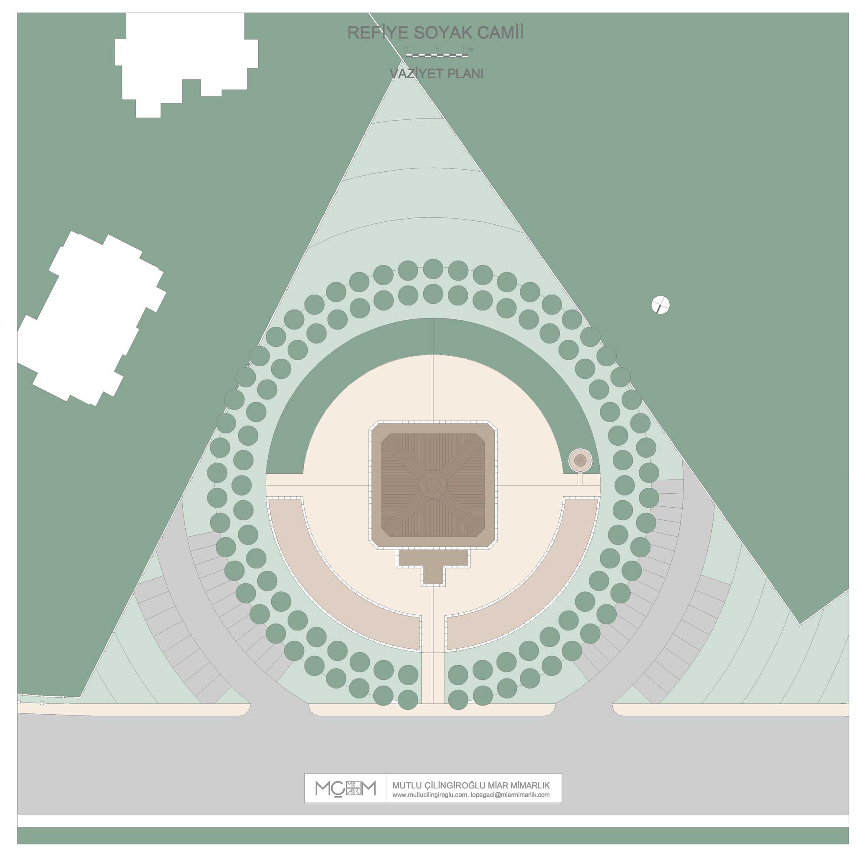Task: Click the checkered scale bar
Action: (437, 55)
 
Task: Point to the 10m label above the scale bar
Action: (467, 49)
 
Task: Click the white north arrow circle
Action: (660, 305)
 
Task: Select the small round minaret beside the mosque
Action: (580, 460)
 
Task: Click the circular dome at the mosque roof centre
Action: (433, 485)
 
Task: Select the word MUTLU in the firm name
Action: (407, 785)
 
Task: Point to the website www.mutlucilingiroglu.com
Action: (430, 794)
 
